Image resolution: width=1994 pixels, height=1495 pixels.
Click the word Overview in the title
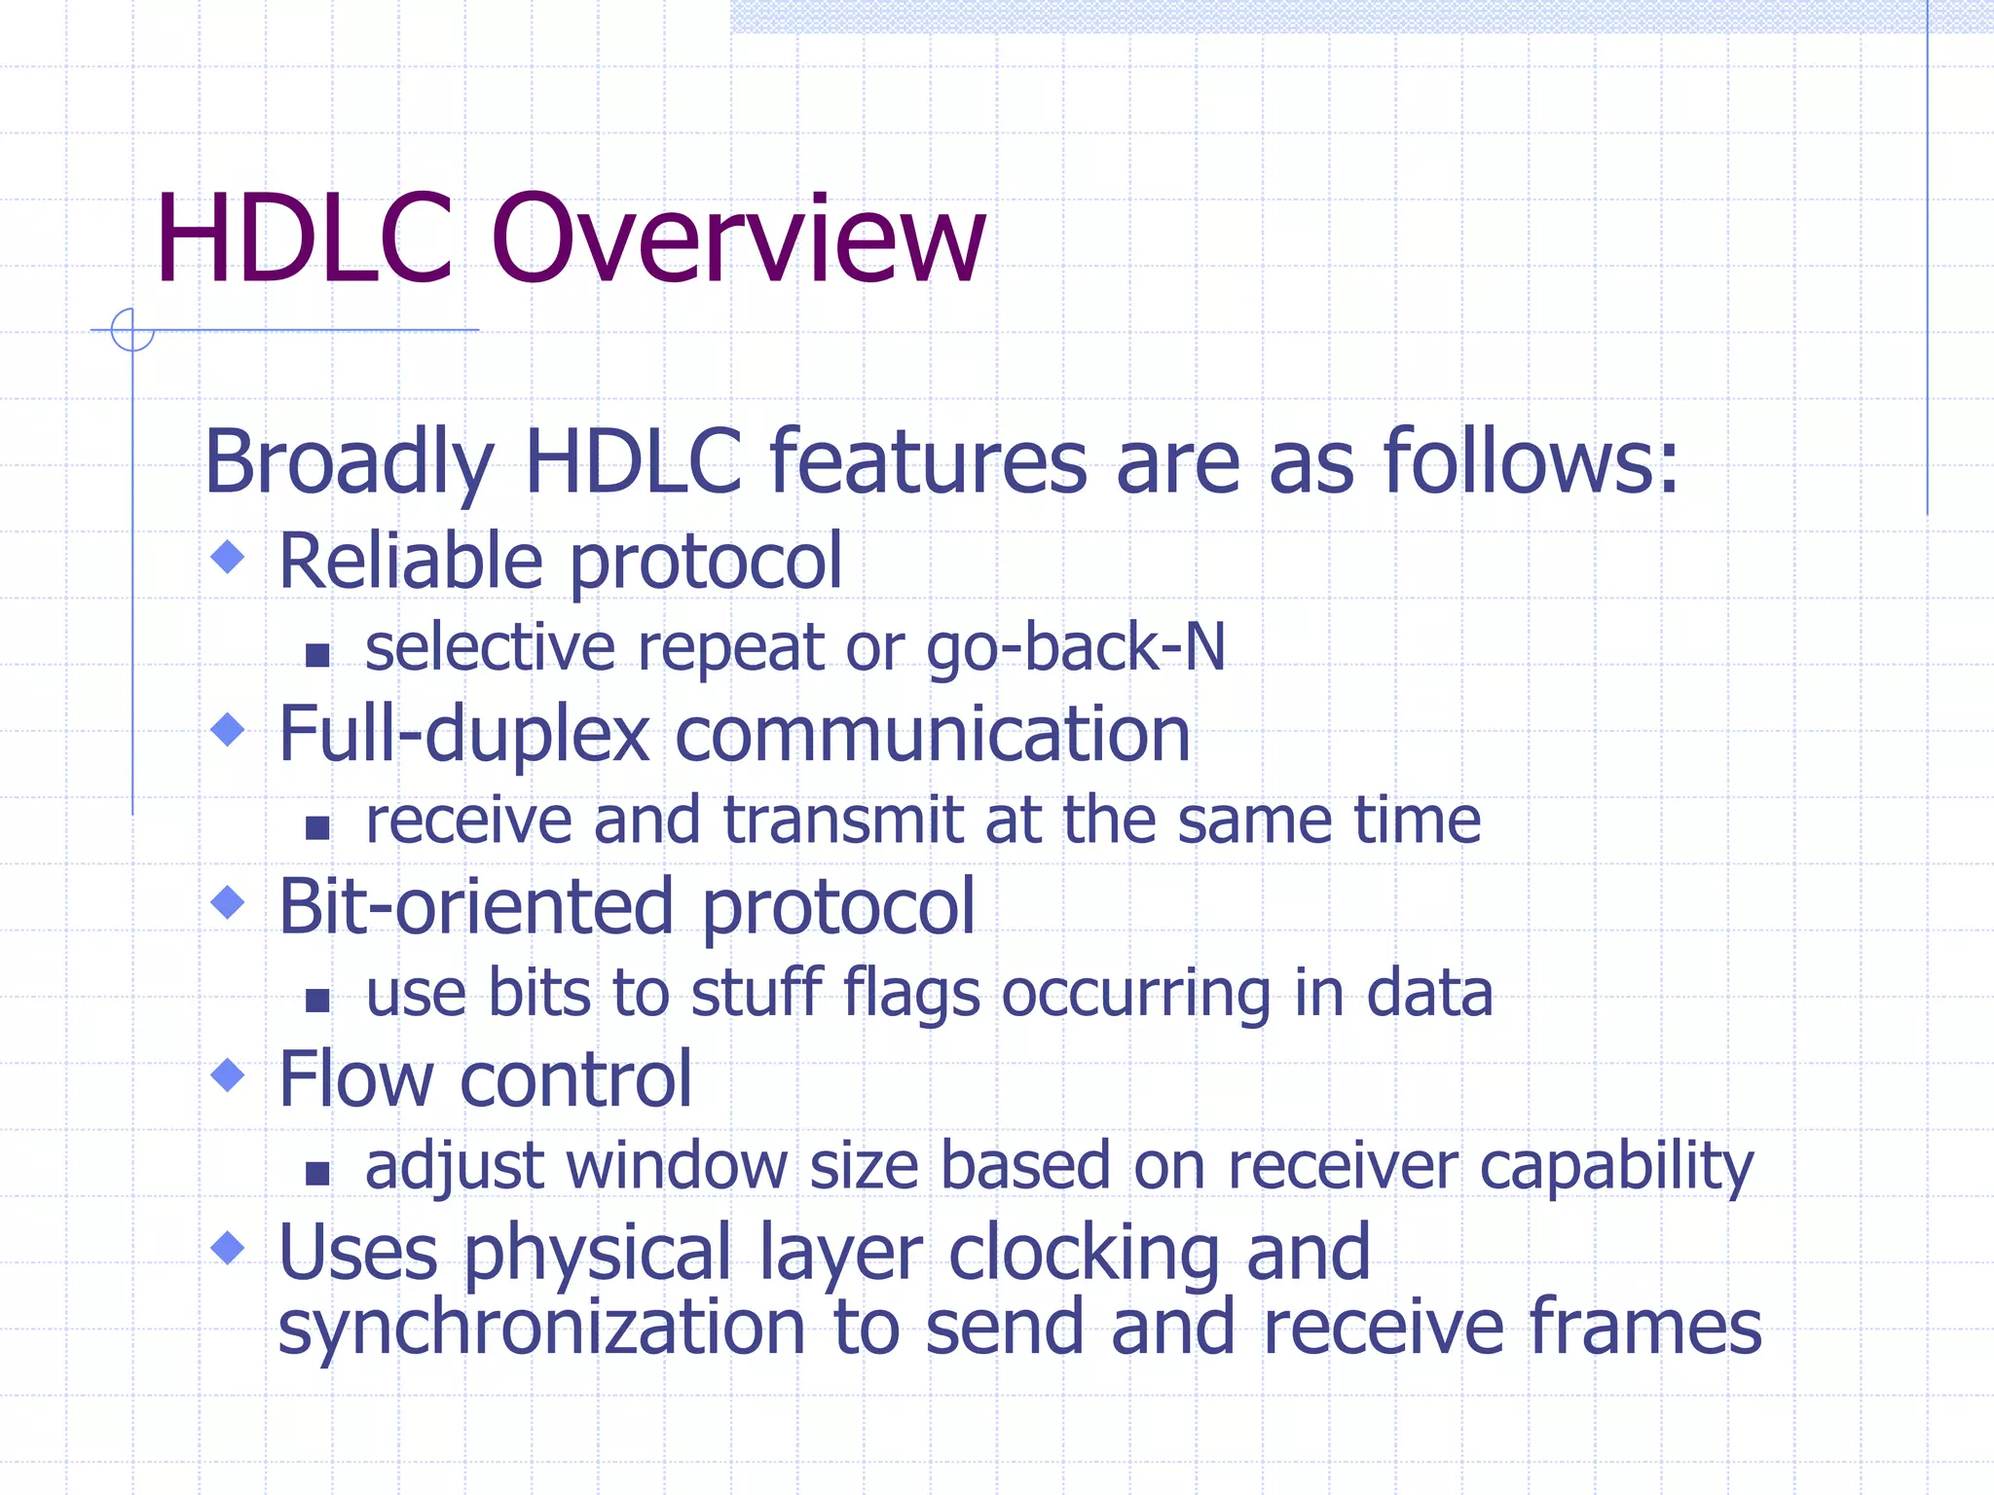(x=738, y=240)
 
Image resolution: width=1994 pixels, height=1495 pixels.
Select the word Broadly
(x=349, y=462)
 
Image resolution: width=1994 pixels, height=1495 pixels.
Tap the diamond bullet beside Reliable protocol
(x=228, y=558)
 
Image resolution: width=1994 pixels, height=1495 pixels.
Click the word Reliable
(x=410, y=562)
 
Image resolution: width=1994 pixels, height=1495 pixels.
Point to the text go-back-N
(x=1075, y=648)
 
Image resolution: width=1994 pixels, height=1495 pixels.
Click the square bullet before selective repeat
(x=317, y=655)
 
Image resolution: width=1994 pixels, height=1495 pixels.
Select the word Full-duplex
(x=463, y=734)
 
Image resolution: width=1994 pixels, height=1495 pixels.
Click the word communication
(x=932, y=734)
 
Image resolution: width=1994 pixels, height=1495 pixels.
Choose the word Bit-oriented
(x=475, y=906)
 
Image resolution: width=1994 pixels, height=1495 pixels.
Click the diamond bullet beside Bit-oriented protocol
(x=228, y=902)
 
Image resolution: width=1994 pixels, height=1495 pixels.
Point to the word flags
(x=911, y=995)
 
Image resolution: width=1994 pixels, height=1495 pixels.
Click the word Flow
(x=355, y=1079)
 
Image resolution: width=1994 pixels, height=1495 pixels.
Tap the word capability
(x=1616, y=1166)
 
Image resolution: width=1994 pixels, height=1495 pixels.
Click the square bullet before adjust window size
(x=317, y=1173)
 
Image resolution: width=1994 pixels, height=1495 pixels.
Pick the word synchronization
(x=541, y=1329)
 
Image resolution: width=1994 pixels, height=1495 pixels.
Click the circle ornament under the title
(x=132, y=330)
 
